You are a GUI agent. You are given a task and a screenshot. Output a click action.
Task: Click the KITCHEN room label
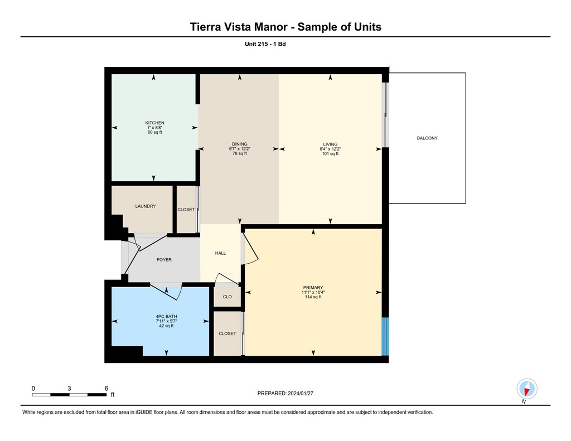155,123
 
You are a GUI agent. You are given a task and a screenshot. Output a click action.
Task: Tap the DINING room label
240,144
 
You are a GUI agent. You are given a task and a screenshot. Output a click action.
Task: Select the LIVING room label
330,144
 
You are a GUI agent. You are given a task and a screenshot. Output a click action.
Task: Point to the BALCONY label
427,138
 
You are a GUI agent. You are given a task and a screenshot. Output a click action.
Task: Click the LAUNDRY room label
146,206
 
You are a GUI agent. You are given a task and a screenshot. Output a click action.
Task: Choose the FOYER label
164,260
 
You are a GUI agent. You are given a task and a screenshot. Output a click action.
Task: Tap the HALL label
220,253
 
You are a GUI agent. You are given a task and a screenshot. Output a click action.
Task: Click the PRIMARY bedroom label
313,288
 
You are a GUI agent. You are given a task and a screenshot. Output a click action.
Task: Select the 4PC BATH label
166,317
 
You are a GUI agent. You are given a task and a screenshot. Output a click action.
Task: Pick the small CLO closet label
228,297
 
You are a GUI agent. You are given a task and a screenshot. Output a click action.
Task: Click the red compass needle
526,391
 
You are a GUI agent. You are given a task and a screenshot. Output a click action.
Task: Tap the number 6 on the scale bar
107,388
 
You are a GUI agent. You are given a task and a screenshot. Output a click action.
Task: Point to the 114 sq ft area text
313,297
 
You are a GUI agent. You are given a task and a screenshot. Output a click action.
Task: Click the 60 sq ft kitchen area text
155,132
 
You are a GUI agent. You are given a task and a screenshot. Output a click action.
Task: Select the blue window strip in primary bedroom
385,337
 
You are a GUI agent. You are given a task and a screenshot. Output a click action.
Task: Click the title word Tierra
205,27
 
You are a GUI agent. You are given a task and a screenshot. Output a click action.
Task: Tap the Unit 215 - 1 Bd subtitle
265,44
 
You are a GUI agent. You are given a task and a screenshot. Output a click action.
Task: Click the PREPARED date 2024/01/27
301,393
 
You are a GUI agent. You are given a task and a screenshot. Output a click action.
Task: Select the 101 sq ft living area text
330,154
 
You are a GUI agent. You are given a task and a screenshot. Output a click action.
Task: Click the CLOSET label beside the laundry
186,210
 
